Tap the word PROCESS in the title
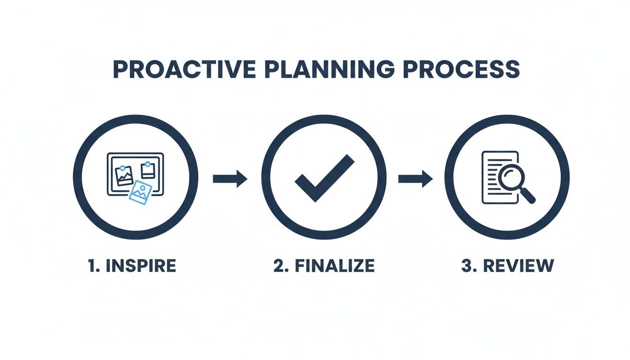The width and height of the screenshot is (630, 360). [461, 69]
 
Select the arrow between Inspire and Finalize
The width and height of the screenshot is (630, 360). [230, 179]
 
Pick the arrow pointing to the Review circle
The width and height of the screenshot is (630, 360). [415, 179]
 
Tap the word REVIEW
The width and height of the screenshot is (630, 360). [518, 266]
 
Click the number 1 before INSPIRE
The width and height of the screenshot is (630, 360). [91, 266]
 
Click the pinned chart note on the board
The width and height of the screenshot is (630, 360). [124, 175]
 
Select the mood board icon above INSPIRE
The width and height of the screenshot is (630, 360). [135, 174]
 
